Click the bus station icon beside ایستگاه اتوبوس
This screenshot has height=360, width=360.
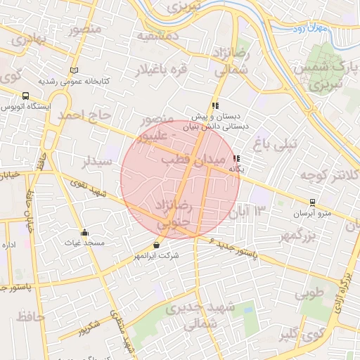pyautogui.click(x=26, y=96)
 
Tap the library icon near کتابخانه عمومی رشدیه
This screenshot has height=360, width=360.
pyautogui.click(x=75, y=70)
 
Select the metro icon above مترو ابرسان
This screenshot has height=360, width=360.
pyautogui.click(x=312, y=202)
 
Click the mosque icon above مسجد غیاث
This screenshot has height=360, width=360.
pyautogui.click(x=85, y=233)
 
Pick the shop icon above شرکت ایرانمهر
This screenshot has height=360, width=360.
pyautogui.click(x=156, y=245)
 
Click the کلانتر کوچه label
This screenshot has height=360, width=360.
pyautogui.click(x=329, y=174)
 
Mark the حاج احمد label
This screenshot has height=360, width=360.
pyautogui.click(x=86, y=114)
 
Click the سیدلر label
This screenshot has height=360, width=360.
pyautogui.click(x=98, y=163)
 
